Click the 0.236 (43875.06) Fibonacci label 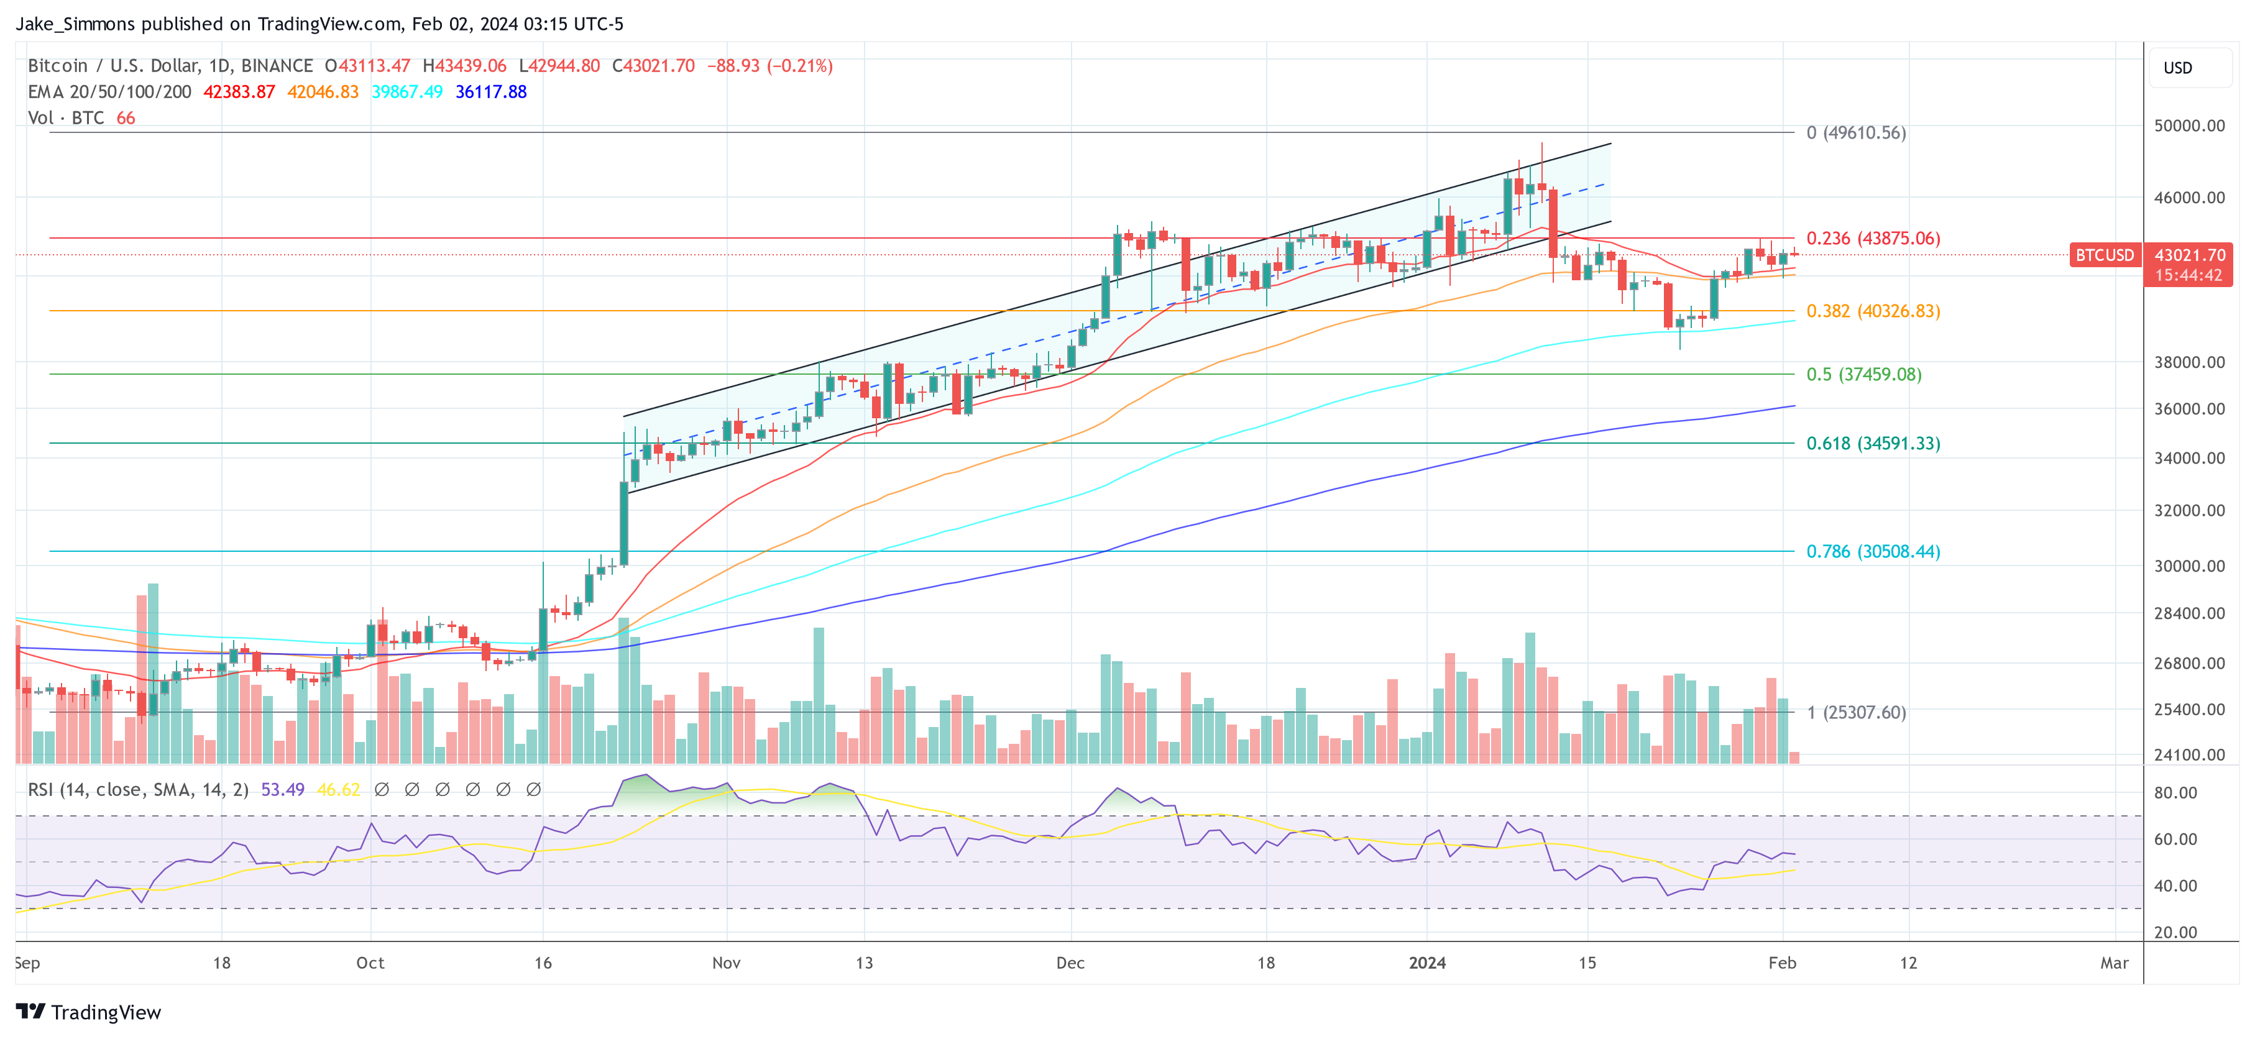click(1873, 238)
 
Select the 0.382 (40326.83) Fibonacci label click(1873, 311)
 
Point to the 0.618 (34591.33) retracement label click(1873, 443)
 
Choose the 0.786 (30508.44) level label click(1873, 551)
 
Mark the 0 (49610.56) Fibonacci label click(1856, 133)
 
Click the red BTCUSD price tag click(2105, 255)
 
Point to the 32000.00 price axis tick click(2188, 510)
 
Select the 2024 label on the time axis click(1427, 963)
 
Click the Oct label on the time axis click(370, 963)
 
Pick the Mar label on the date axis click(2114, 963)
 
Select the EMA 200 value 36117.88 click(491, 92)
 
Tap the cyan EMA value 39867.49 click(407, 92)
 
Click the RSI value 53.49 click(283, 790)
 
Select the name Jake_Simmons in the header click(75, 24)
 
